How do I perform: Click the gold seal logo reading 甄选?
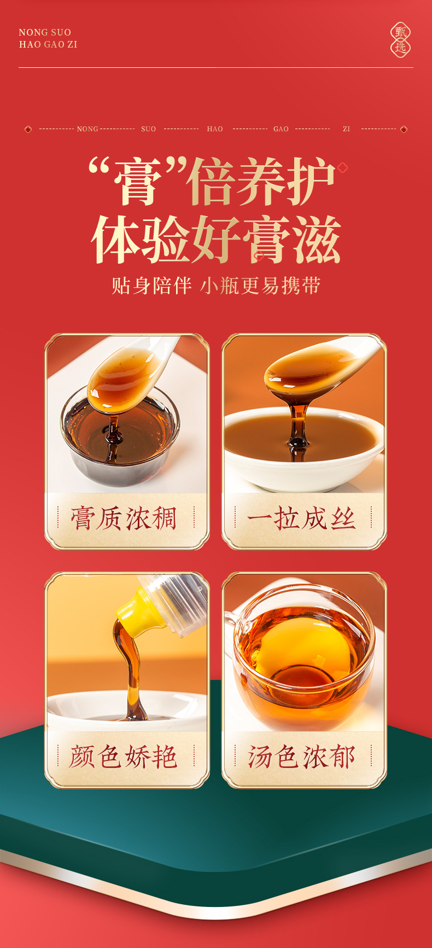[x=400, y=40]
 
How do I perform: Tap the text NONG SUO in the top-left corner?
[x=45, y=32]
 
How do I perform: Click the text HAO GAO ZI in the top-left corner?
[x=48, y=44]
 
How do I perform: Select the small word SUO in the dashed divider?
[x=148, y=129]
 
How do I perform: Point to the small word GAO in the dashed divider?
[x=281, y=129]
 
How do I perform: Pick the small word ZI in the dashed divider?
[x=346, y=129]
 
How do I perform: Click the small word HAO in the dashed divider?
[x=215, y=129]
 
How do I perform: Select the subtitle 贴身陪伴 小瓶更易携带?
[x=216, y=286]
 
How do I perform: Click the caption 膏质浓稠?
[x=125, y=519]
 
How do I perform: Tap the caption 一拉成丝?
[x=302, y=519]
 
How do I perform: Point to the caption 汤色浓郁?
[x=302, y=757]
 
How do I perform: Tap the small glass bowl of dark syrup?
[x=120, y=443]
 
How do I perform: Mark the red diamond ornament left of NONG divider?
[x=28, y=129]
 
